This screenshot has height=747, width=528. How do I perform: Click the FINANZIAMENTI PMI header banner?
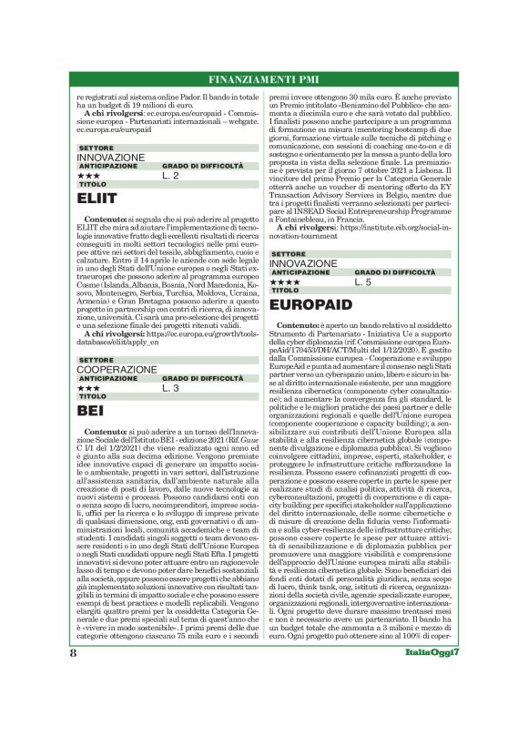(x=264, y=77)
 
